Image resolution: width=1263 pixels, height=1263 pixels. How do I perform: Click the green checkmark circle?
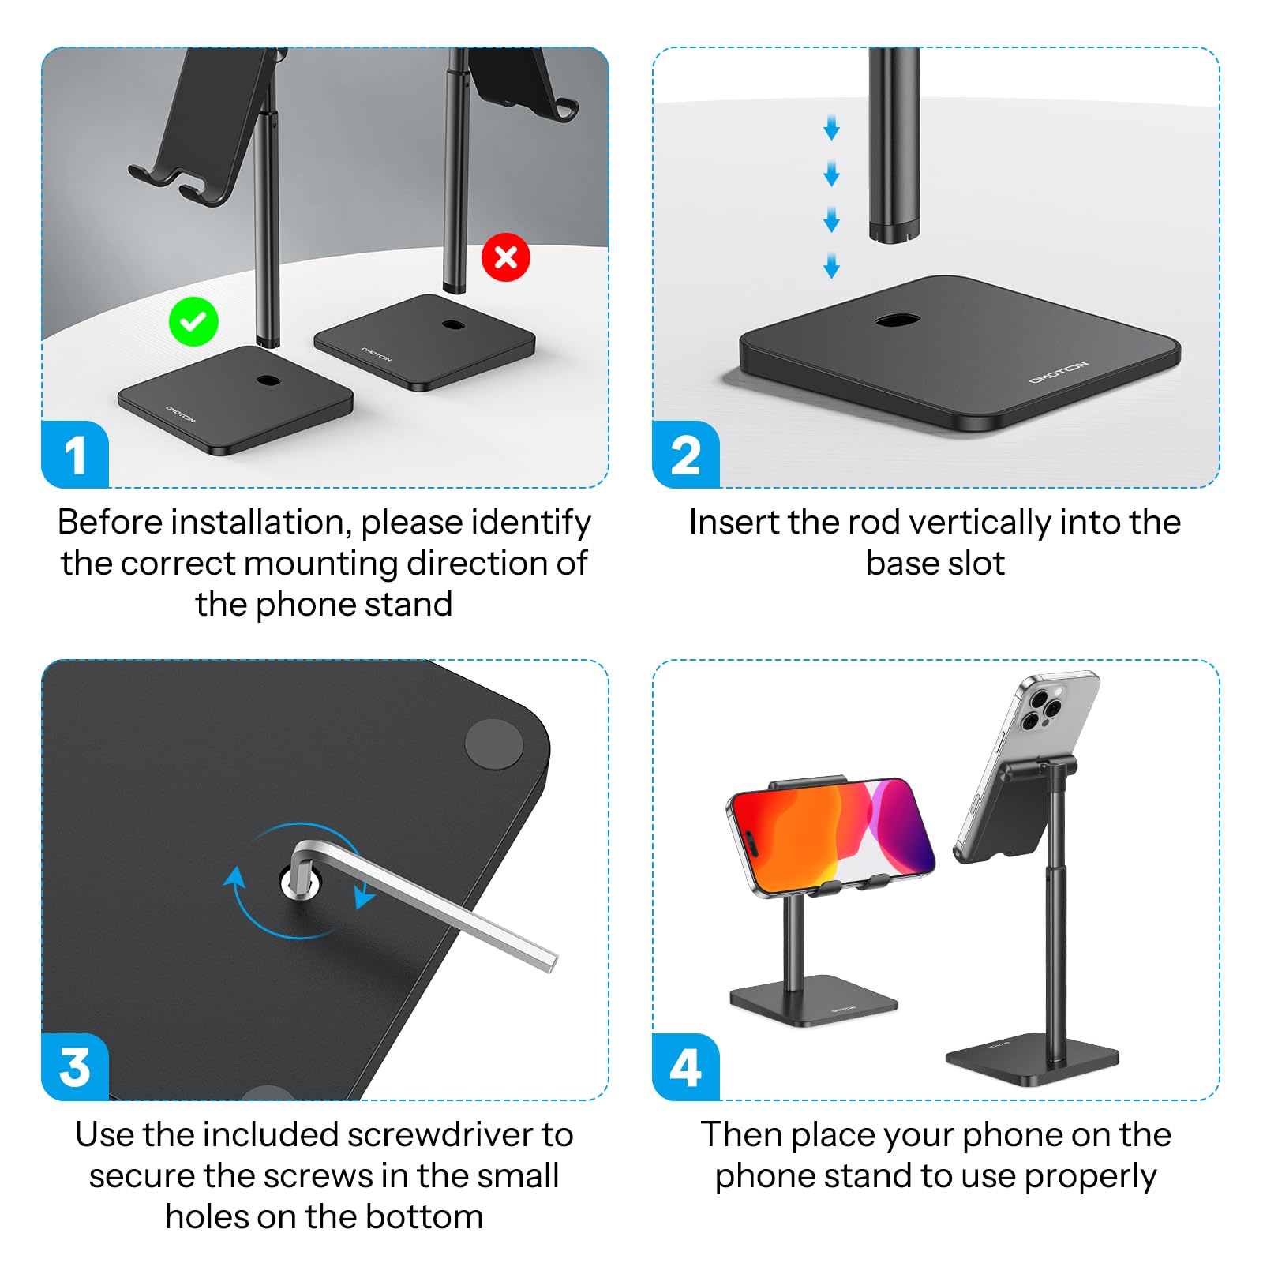coord(193,322)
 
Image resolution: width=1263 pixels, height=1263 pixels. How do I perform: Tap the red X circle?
coord(505,257)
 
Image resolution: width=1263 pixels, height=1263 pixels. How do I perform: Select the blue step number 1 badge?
coord(75,455)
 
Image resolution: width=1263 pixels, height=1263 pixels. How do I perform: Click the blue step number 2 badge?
coord(685,455)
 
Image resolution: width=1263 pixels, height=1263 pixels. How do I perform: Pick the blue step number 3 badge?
coord(75,1067)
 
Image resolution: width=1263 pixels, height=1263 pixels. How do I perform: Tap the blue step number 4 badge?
coord(685,1067)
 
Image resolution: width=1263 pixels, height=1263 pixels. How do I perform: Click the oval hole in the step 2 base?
coord(898,320)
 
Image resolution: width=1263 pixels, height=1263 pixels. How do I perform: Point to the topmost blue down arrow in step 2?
coord(831,127)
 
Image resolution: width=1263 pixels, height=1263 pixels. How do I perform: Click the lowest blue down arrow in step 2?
coord(831,266)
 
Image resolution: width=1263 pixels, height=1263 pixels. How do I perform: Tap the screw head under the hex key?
coord(301,883)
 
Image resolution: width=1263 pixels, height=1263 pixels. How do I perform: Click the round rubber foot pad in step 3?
coord(493,744)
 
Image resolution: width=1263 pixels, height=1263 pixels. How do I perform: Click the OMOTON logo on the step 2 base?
coord(1058,373)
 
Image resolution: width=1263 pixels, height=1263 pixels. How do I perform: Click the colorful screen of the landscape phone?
coord(833,837)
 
